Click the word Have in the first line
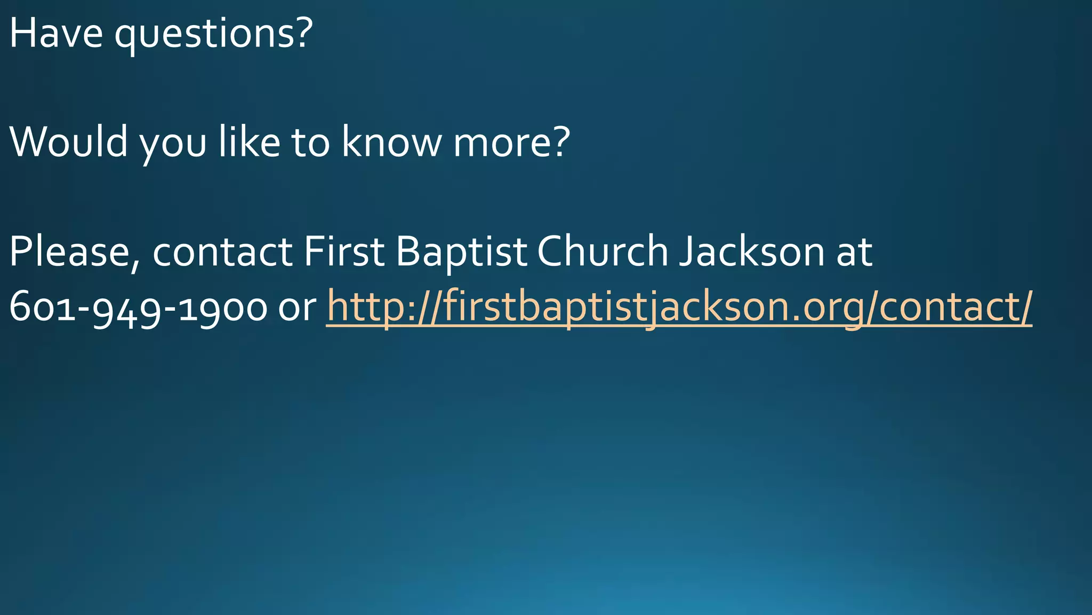tap(55, 33)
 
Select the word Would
tap(68, 142)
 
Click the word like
tap(249, 142)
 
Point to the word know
tap(391, 142)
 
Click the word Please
tap(69, 251)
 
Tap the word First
tap(344, 251)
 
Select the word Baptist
tap(461, 253)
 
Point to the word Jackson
tap(752, 251)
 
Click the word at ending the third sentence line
tap(854, 253)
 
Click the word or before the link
tap(297, 310)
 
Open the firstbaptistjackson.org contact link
tap(679, 307)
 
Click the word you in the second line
tap(173, 145)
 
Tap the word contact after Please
tap(222, 253)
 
